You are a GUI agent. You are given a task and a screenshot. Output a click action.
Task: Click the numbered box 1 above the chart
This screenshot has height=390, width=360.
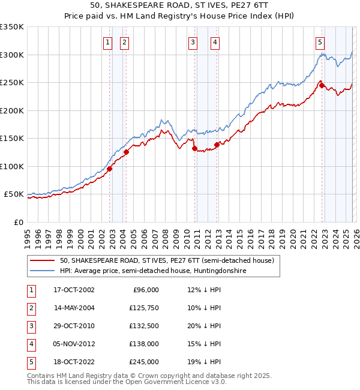click(x=107, y=42)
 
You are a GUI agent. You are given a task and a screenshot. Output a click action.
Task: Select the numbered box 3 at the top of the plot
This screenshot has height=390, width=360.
click(x=193, y=42)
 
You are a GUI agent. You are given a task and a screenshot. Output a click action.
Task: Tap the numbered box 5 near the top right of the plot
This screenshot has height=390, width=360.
click(x=320, y=42)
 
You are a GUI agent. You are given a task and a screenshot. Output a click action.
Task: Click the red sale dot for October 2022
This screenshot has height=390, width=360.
click(x=322, y=86)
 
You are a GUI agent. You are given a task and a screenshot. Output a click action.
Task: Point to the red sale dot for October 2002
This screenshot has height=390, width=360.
click(x=110, y=169)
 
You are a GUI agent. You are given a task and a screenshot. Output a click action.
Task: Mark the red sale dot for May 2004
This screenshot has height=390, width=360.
click(x=127, y=152)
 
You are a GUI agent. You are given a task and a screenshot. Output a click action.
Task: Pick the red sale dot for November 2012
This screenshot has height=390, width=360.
click(x=217, y=145)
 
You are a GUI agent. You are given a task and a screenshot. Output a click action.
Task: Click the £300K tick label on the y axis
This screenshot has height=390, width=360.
click(x=12, y=55)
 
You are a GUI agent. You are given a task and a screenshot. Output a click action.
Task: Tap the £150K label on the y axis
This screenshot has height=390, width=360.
click(x=12, y=139)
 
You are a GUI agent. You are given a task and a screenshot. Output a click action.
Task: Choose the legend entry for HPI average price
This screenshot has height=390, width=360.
click(x=153, y=271)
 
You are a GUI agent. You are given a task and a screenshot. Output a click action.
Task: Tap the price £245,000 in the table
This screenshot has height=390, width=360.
click(x=144, y=362)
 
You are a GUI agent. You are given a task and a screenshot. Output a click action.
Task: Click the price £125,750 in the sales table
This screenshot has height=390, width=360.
click(x=144, y=308)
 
